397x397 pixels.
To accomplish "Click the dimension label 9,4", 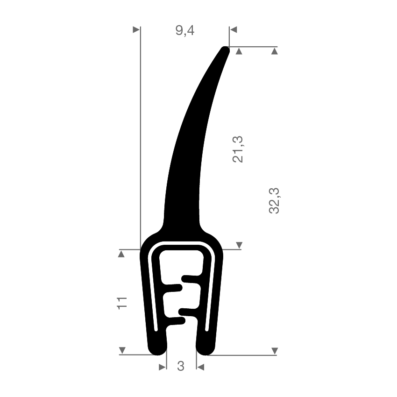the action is [x=185, y=31].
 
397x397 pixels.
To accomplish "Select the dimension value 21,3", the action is [x=238, y=149].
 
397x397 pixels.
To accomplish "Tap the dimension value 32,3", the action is [x=274, y=201].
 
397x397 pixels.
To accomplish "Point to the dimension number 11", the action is [x=122, y=303].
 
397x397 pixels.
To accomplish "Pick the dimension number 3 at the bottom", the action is [x=181, y=366].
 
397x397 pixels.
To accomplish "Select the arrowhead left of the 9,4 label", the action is [x=136, y=29].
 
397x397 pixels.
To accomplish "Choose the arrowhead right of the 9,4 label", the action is [x=233, y=29].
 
